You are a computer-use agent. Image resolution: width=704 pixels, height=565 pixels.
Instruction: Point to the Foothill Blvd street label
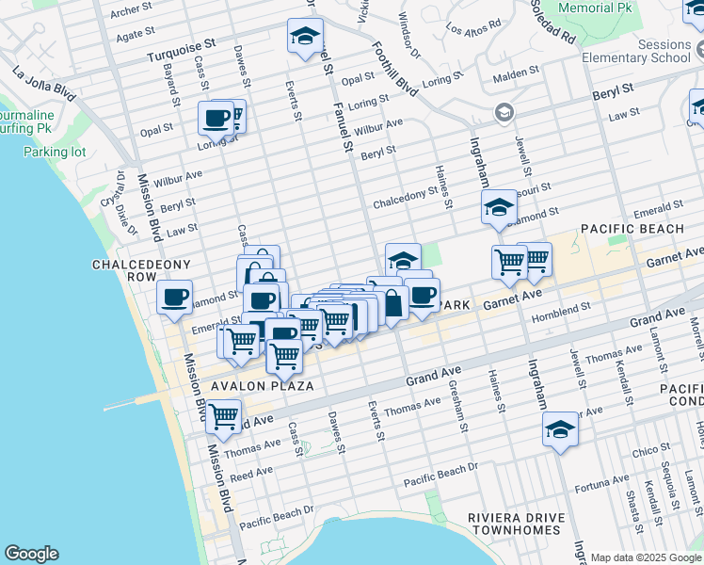[393, 70]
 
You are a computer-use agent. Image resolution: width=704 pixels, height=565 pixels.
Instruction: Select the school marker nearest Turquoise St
[305, 37]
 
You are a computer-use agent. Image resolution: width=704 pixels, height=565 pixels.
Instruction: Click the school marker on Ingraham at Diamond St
[499, 208]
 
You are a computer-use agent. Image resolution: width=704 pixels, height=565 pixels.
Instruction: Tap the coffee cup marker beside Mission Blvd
[174, 298]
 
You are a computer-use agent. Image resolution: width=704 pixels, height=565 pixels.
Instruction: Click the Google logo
[31, 554]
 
